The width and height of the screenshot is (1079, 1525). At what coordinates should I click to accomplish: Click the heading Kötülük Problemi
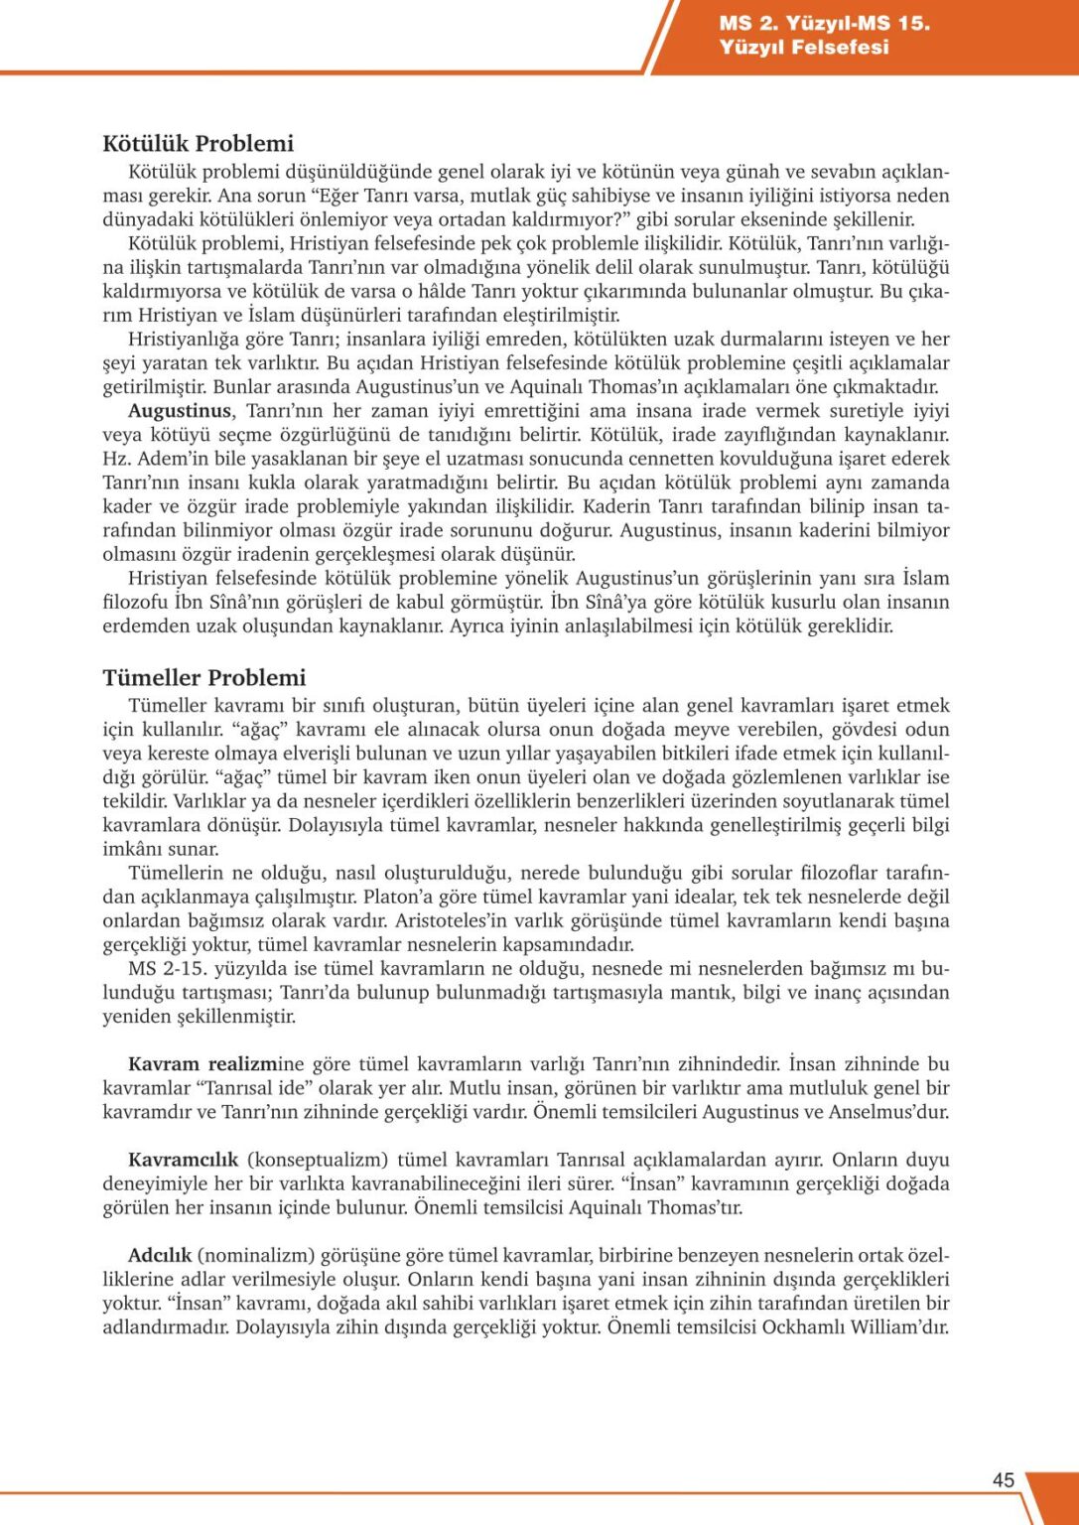click(198, 144)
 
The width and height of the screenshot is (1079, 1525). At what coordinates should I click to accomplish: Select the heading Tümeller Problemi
click(203, 678)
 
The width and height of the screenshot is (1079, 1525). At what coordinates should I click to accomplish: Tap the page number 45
click(1004, 1480)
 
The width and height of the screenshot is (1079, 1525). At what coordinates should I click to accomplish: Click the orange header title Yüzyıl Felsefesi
click(804, 47)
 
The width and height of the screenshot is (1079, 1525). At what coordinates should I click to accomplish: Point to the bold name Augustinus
click(179, 411)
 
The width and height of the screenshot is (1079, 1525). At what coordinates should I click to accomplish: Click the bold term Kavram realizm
click(202, 1064)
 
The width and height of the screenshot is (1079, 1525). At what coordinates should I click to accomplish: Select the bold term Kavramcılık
click(183, 1160)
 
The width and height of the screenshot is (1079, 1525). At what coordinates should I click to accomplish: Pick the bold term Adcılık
click(159, 1255)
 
